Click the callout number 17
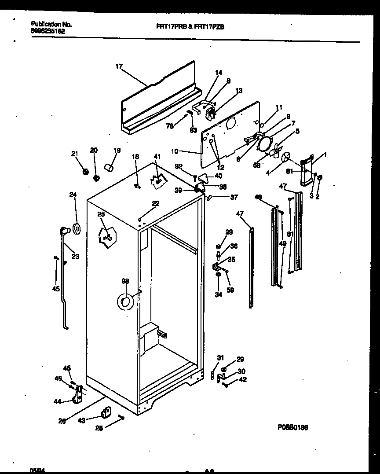[x=118, y=66]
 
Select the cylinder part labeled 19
[x=109, y=167]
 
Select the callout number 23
[x=75, y=257]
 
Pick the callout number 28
[x=99, y=428]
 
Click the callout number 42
[x=243, y=379]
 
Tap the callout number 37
[x=234, y=197]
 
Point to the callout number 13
[x=239, y=91]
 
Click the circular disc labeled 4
[x=287, y=157]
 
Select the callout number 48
[x=258, y=197]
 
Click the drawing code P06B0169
[x=292, y=427]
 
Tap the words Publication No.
[x=51, y=24]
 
